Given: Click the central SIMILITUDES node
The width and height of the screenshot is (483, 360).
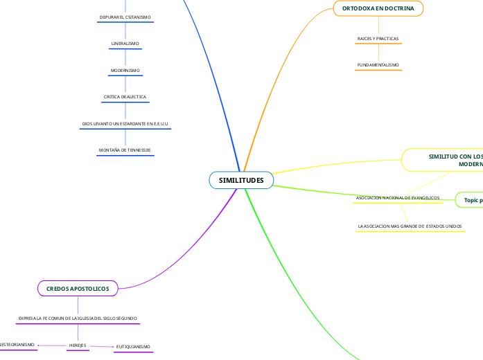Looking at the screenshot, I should pos(241,181).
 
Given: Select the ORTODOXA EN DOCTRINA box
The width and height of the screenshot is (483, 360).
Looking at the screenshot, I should pos(378,8).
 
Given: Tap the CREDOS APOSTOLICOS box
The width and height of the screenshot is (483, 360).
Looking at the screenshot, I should pos(78,288).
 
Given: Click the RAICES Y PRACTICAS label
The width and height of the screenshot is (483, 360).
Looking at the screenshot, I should pos(378,39).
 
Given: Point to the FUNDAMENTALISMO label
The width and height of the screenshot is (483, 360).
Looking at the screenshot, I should pos(378,65).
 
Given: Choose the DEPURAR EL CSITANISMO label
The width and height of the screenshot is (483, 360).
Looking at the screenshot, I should pos(125,17).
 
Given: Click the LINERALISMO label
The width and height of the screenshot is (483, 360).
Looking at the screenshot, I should pos(125,44).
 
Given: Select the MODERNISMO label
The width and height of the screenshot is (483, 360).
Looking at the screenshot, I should pos(125,71).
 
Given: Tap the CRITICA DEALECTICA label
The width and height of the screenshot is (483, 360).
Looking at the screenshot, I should pos(125,97).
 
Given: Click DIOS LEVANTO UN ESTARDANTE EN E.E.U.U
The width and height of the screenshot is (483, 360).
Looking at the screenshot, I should pos(125,124).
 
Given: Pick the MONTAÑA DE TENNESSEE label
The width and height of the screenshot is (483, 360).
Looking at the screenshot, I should pos(125,150).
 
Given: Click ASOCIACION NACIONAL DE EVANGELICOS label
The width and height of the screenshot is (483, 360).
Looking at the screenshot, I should pos(398,198).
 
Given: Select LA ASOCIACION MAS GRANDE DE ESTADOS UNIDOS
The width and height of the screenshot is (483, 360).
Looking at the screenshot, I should pos(410,226).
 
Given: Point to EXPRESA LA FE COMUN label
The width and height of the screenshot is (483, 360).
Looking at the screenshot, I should pos(78,318).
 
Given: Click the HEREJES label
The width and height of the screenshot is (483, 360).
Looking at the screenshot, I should pos(77,345).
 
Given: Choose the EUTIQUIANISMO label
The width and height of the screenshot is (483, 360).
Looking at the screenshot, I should pos(132,346).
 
